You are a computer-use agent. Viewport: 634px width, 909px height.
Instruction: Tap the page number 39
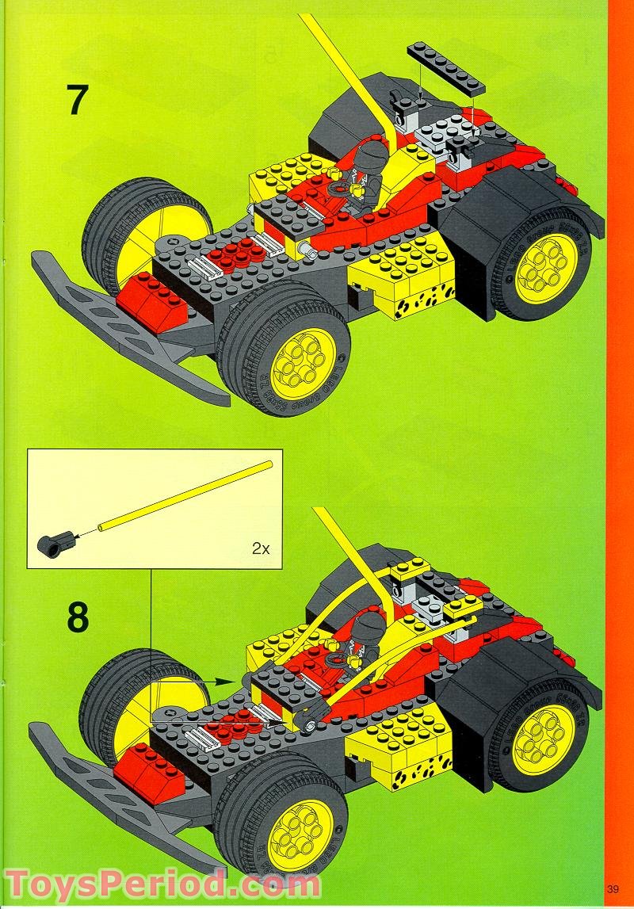click(613, 887)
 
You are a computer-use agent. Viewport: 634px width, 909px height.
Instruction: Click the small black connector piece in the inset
click(51, 542)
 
